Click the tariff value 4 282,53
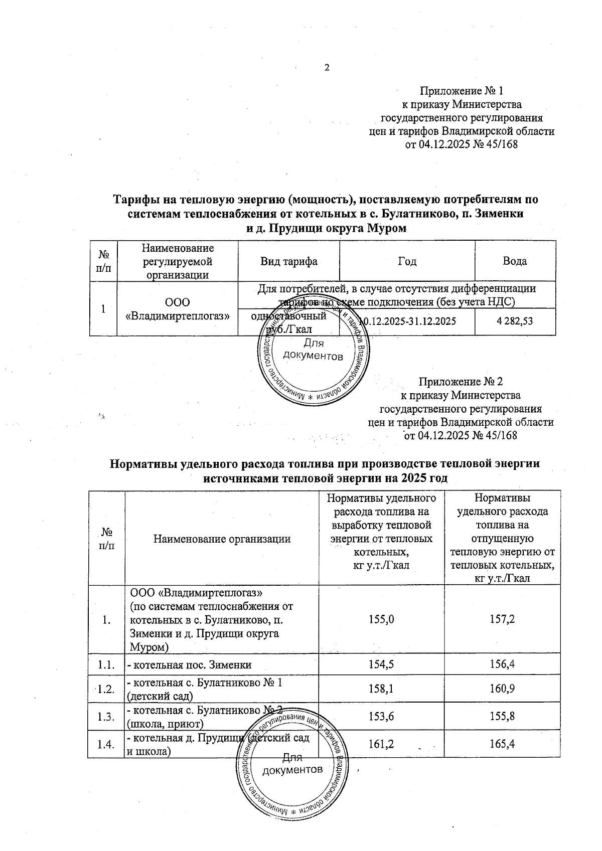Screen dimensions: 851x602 (x=515, y=321)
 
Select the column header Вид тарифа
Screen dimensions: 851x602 (x=288, y=261)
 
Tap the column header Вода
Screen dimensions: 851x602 (x=515, y=261)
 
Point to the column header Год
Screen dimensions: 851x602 (x=407, y=261)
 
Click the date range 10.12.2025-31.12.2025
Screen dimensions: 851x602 (x=407, y=321)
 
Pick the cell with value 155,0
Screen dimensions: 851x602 (x=381, y=619)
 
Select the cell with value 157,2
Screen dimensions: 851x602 (x=502, y=619)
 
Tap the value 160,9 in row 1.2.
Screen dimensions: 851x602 (x=502, y=689)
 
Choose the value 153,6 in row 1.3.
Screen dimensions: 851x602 (x=381, y=716)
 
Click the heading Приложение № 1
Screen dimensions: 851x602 (x=461, y=91)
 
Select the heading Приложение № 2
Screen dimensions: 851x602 (x=461, y=382)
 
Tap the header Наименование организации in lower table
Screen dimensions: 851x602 (x=222, y=539)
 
